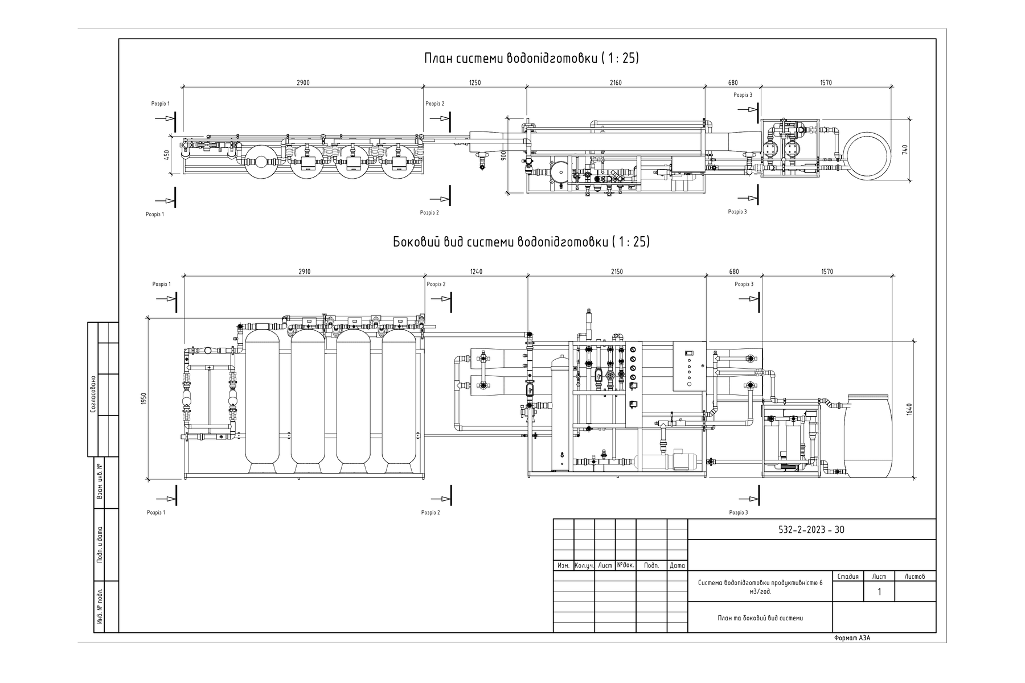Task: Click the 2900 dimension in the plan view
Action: (x=303, y=83)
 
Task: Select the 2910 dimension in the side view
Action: (x=305, y=271)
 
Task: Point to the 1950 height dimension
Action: (x=144, y=399)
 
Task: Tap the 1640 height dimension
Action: (x=909, y=409)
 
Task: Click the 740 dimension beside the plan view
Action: (x=905, y=150)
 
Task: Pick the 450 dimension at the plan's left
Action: (x=167, y=155)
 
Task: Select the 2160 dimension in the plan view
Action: (x=616, y=83)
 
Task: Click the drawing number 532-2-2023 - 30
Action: (x=811, y=530)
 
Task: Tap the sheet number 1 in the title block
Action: (x=879, y=592)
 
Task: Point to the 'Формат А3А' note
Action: (x=852, y=638)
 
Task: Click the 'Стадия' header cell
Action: (x=848, y=577)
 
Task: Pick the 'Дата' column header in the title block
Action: (x=678, y=566)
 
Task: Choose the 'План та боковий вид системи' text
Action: (x=760, y=618)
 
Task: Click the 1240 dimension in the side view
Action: (x=476, y=271)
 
